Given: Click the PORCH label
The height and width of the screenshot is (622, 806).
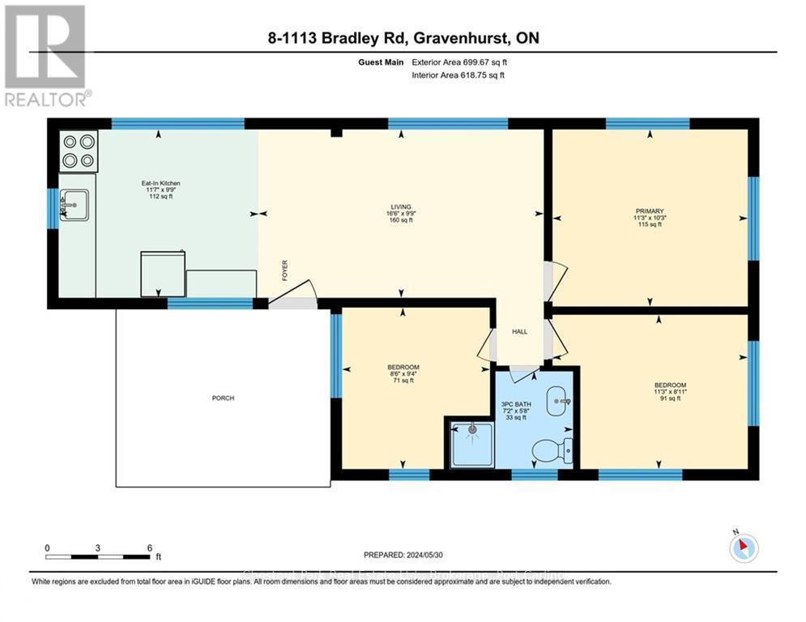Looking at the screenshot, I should (x=223, y=398).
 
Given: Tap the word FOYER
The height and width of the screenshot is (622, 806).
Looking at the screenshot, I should (x=284, y=270).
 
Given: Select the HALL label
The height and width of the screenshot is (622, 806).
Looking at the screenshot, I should (x=519, y=332).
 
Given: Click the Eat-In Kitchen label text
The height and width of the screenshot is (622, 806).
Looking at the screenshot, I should (x=160, y=184).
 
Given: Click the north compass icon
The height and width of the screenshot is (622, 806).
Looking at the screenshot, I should (x=743, y=547).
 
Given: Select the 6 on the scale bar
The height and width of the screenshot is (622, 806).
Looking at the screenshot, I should (x=149, y=547).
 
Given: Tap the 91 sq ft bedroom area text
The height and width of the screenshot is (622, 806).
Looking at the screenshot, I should (x=670, y=398).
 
